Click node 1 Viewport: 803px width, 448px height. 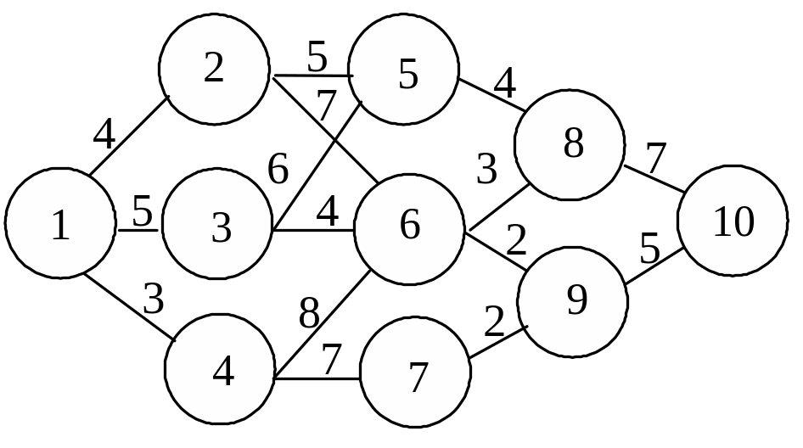pos(60,223)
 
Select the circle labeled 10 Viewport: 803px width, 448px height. pos(733,221)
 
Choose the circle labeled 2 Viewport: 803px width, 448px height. pos(214,70)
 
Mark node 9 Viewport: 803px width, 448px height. pos(573,302)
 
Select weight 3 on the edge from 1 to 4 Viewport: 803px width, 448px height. pos(154,299)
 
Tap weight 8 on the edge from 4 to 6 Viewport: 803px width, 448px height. pos(310,315)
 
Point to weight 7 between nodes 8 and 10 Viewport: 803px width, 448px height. pos(655,159)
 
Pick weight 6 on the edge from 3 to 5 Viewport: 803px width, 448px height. pos(278,169)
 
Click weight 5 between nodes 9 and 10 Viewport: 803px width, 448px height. pos(649,249)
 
